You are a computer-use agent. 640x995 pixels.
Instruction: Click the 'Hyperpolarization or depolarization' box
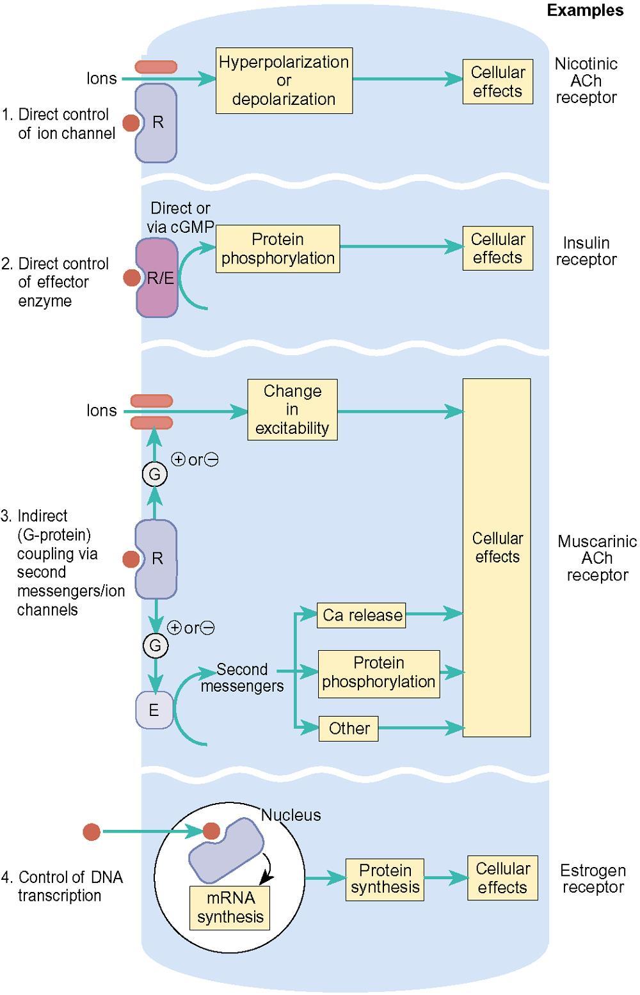click(x=284, y=81)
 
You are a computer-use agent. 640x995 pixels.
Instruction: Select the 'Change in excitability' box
click(x=292, y=410)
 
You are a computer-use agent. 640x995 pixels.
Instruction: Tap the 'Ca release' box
click(x=361, y=615)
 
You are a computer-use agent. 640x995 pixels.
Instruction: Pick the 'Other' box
click(x=349, y=728)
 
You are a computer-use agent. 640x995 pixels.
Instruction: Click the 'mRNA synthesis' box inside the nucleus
click(x=230, y=908)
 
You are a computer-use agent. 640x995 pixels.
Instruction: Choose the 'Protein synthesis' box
click(x=385, y=880)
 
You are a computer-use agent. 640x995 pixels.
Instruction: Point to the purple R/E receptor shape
click(x=157, y=278)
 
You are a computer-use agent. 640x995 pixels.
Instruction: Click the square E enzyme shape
click(x=154, y=710)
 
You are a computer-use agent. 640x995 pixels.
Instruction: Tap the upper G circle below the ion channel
click(x=154, y=474)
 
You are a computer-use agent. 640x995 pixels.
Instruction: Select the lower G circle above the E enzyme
click(x=156, y=645)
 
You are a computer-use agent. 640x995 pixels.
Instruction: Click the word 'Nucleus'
click(x=291, y=815)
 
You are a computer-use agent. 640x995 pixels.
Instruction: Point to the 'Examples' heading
click(x=585, y=10)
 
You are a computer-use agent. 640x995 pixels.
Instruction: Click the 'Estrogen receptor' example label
click(x=593, y=878)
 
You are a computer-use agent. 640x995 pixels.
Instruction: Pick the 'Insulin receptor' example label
click(x=586, y=251)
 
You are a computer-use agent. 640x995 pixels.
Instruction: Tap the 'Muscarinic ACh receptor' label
click(x=597, y=558)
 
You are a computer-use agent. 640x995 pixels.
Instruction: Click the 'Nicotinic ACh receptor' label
click(x=586, y=81)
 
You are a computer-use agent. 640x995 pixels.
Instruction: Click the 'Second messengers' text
click(x=242, y=678)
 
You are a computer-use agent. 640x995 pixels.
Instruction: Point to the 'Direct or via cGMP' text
click(x=180, y=217)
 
